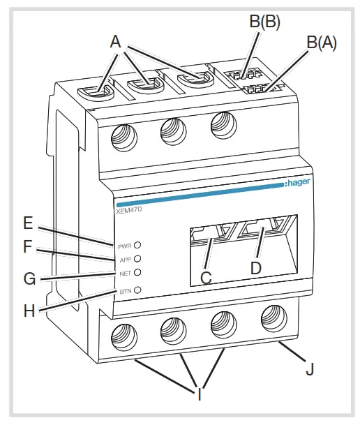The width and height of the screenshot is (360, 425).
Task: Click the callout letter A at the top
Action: (x=115, y=42)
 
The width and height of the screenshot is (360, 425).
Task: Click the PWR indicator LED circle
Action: (x=137, y=246)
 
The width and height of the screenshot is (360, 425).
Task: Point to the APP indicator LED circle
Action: (x=137, y=259)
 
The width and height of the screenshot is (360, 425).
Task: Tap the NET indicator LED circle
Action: (x=137, y=273)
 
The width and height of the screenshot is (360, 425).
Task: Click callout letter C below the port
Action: (x=206, y=277)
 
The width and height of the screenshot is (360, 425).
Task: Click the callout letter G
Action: (x=29, y=279)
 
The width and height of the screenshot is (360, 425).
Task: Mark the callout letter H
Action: (x=29, y=311)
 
